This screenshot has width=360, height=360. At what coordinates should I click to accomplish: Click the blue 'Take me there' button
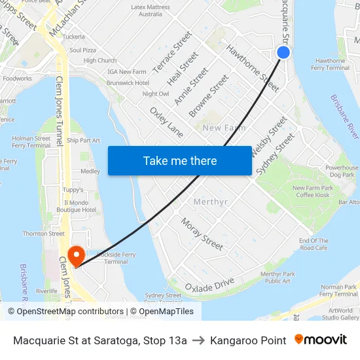(180, 160)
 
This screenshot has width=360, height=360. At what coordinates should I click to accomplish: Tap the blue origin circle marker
(283, 52)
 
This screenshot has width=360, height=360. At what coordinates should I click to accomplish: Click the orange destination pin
(77, 255)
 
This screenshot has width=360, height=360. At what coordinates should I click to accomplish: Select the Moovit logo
(321, 340)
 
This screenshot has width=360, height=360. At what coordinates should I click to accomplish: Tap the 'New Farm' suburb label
(225, 128)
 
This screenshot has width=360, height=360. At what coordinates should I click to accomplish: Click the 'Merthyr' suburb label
(211, 202)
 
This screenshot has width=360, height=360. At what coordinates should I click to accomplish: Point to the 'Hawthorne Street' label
(253, 67)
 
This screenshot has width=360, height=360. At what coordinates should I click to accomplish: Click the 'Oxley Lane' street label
(166, 122)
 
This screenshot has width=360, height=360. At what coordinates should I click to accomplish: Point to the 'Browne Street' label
(209, 96)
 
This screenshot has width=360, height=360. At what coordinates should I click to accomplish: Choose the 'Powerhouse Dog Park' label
(342, 171)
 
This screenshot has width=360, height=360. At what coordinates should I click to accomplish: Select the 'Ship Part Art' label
(83, 140)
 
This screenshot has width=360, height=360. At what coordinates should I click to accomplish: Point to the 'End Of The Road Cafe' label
(314, 244)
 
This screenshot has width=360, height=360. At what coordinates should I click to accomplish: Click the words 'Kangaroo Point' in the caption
(248, 340)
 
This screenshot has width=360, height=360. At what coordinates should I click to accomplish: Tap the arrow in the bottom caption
(198, 340)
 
